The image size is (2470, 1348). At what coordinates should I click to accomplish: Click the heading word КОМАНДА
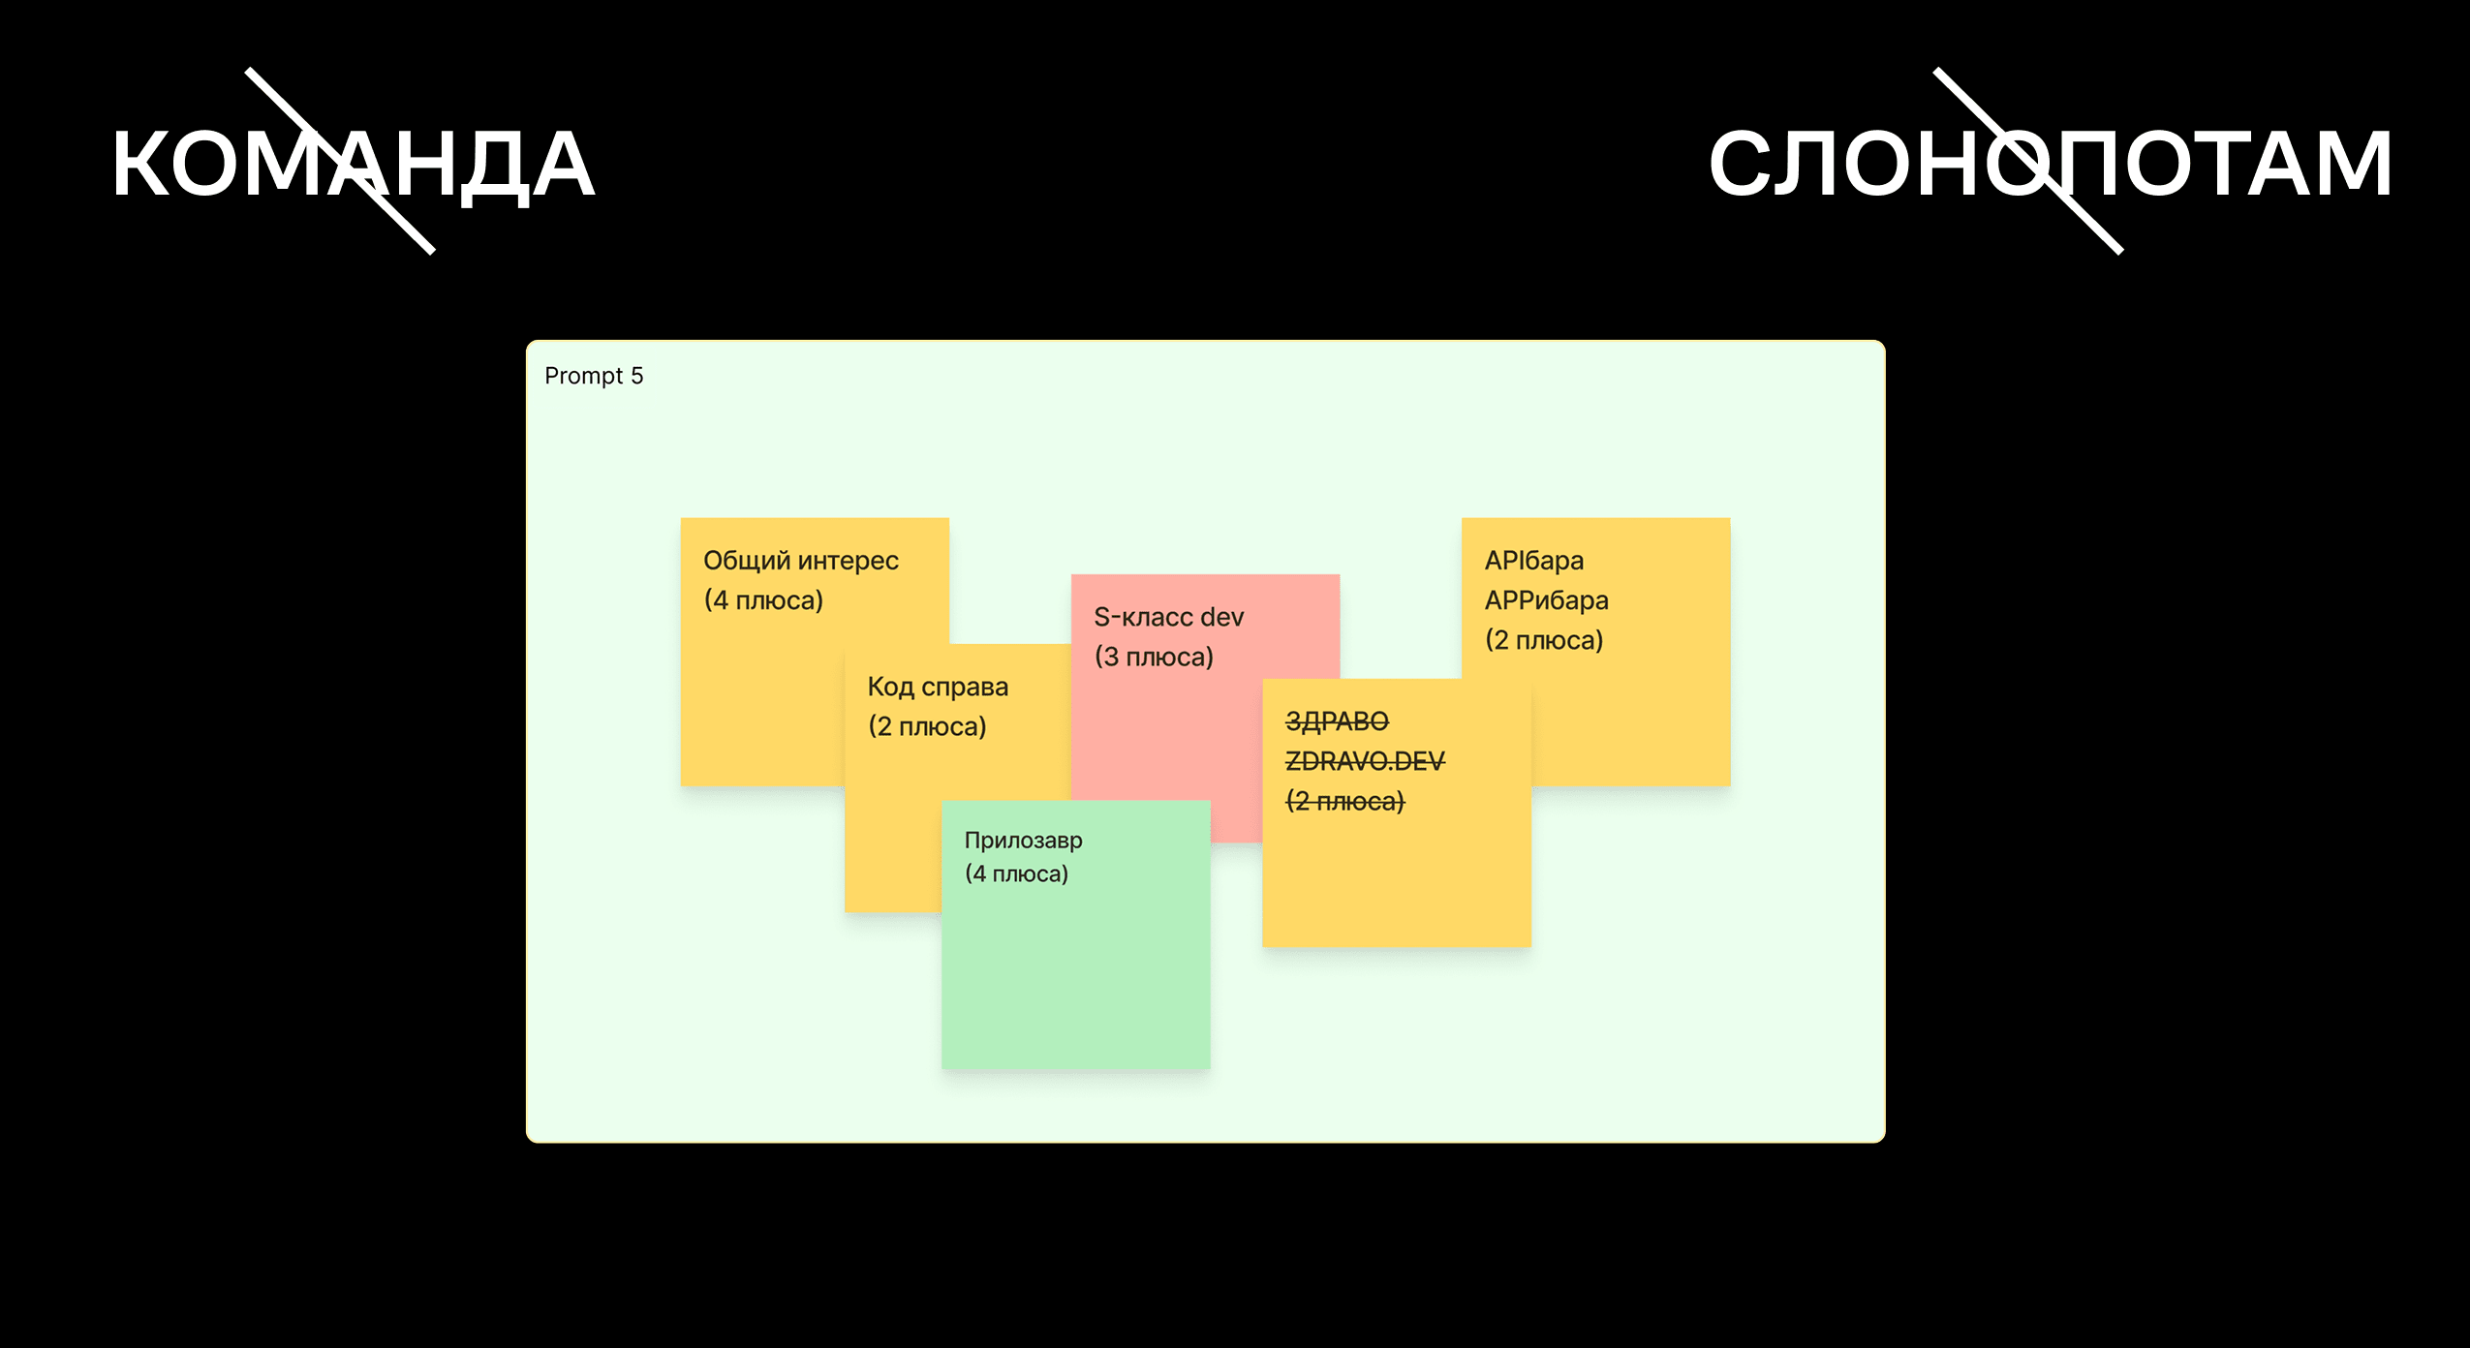point(353,165)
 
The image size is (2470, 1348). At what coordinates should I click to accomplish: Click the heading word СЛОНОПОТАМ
point(2050,165)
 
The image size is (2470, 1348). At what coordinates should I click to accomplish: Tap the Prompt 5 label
point(594,376)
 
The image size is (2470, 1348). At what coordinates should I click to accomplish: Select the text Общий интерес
point(801,561)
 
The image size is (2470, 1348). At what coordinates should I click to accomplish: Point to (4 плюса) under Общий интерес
point(763,600)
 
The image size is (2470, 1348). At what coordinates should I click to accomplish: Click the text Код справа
point(938,687)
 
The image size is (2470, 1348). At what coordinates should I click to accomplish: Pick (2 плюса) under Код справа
point(927,726)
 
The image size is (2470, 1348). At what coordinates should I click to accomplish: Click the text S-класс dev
point(1168,617)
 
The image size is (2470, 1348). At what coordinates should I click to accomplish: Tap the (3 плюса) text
point(1154,657)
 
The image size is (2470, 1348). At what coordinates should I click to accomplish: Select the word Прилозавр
point(1023,841)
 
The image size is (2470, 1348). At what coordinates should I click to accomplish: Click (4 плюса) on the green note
point(1016,873)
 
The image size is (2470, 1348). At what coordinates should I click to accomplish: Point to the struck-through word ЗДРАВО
point(1337,721)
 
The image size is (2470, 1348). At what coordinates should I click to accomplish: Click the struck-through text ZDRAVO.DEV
point(1365,761)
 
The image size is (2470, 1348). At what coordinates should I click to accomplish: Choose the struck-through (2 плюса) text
point(1344,802)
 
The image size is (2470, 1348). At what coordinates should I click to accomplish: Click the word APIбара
point(1534,561)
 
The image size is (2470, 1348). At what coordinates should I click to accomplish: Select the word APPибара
point(1546,600)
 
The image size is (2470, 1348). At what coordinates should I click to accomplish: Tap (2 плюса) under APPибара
point(1544,640)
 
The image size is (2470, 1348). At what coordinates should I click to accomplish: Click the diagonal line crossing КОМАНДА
point(340,161)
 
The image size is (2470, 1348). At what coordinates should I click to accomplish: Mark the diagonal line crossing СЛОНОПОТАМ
point(2028,161)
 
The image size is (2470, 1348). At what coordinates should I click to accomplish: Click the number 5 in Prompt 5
point(636,376)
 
